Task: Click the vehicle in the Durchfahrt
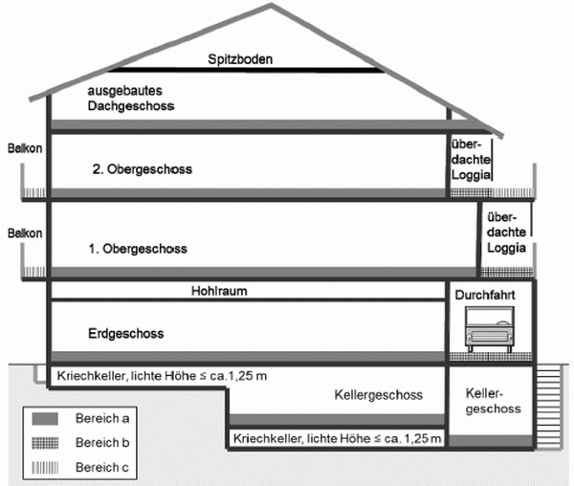pos(488,334)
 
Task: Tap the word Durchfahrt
pos(487,296)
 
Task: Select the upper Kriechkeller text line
pos(162,374)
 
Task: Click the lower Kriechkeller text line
pos(337,439)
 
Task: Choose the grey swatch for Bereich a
pos(47,419)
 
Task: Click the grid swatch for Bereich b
pos(47,443)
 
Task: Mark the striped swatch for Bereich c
pos(47,467)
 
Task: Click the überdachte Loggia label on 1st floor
pos(505,232)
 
